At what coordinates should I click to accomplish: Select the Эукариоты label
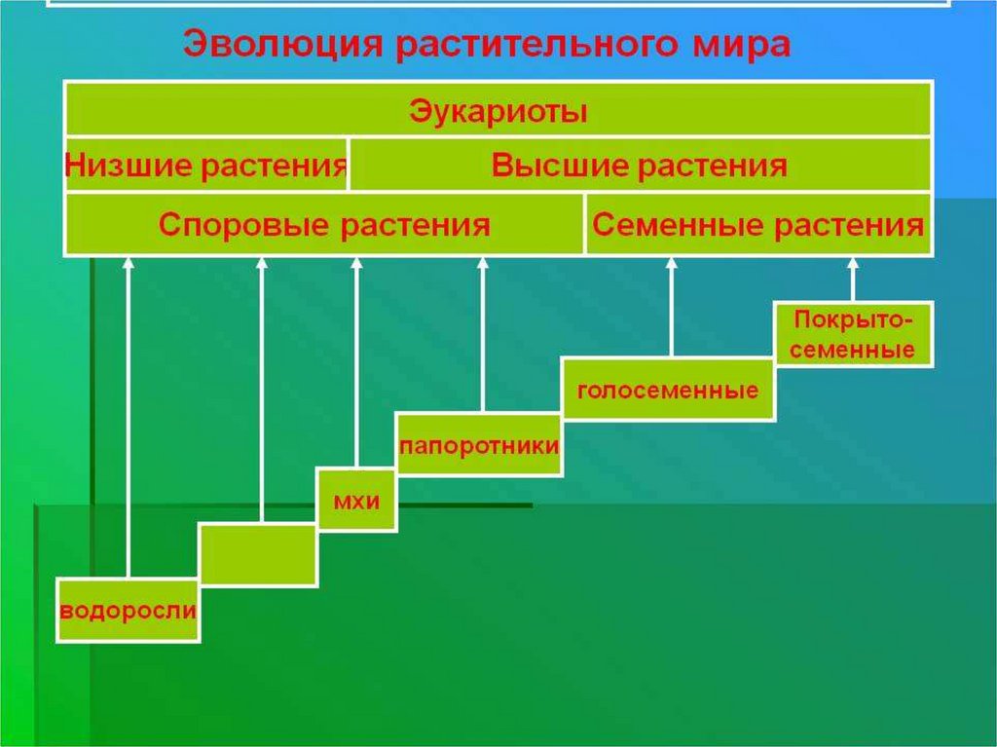point(498,110)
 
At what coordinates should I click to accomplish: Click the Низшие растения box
point(206,166)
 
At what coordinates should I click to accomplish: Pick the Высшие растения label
point(640,166)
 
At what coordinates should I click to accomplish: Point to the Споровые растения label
point(323,226)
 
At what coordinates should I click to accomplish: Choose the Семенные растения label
point(757,226)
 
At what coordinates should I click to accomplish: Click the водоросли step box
point(129,612)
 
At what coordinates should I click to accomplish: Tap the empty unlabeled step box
point(258,555)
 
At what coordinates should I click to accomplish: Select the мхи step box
point(355,501)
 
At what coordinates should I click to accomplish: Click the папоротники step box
point(479,445)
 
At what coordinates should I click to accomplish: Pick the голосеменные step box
point(668,391)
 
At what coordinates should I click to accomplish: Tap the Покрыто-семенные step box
point(853,334)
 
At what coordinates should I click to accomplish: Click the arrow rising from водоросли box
point(129,419)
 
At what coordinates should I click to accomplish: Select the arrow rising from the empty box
point(261,390)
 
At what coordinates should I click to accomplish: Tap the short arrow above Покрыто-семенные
point(854,280)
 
